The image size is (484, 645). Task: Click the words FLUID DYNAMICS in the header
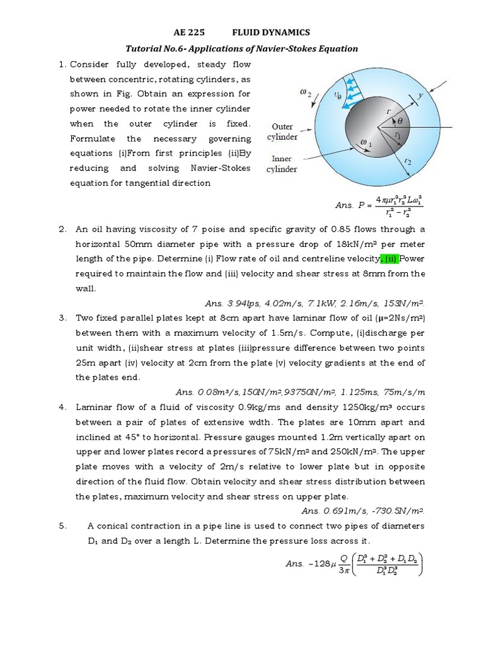point(271,33)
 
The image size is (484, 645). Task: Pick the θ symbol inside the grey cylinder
point(399,120)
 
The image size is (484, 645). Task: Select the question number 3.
point(63,318)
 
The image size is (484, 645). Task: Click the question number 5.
point(63,526)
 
